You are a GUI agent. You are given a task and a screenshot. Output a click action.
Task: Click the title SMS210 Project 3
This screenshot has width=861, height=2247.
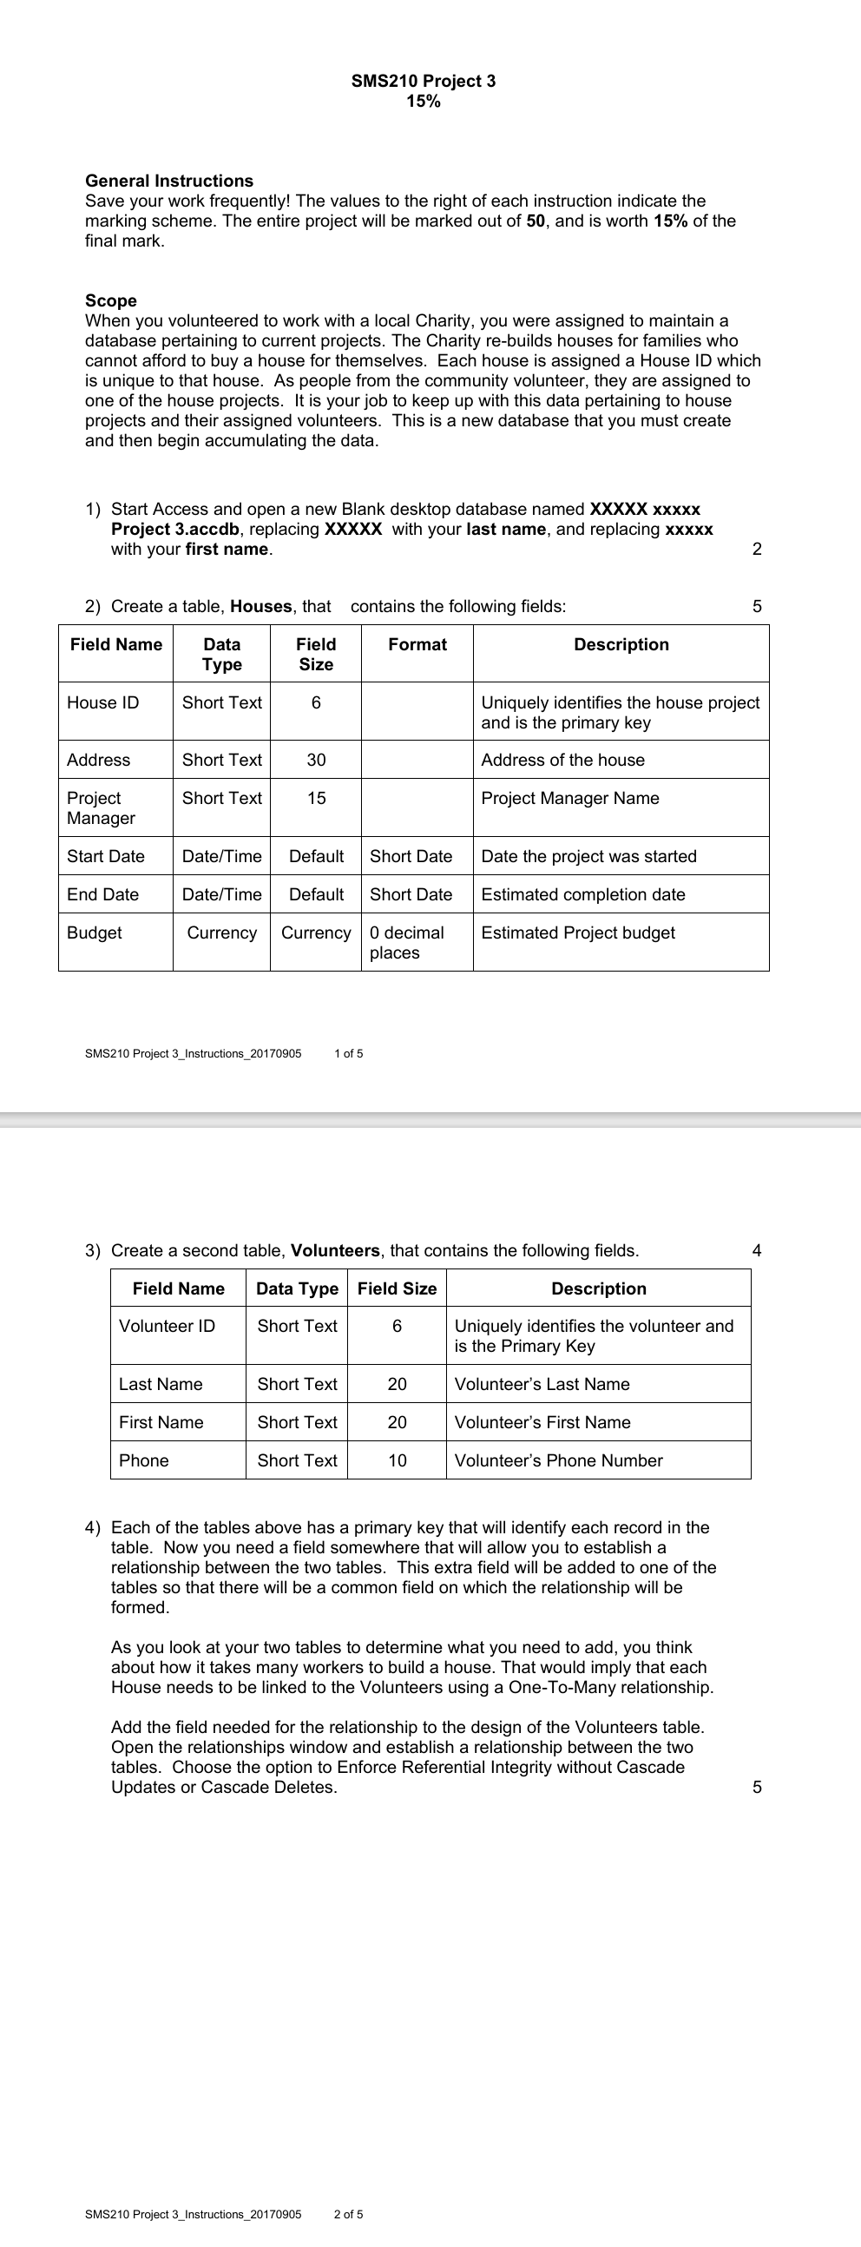coord(423,81)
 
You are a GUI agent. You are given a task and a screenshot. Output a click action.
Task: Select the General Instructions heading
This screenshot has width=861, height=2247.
coord(169,181)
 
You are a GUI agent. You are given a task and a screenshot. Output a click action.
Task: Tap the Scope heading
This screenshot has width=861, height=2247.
coord(111,300)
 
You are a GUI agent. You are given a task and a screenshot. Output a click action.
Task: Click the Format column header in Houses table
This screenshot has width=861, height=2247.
coord(417,644)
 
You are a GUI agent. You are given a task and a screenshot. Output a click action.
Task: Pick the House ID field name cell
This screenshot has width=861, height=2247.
coord(103,703)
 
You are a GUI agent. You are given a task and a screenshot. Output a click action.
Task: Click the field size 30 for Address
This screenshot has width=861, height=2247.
coord(316,760)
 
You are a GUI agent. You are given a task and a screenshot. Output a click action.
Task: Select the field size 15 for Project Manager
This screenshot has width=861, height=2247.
coord(316,798)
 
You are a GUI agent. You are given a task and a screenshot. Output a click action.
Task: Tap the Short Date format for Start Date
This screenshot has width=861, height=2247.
coord(411,856)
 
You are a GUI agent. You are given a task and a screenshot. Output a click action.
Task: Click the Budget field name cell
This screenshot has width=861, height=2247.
coord(95,932)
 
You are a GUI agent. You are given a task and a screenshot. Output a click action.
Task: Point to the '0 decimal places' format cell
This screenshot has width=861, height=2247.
coord(406,942)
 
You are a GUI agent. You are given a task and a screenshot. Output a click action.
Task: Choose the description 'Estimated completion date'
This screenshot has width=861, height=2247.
coord(582,894)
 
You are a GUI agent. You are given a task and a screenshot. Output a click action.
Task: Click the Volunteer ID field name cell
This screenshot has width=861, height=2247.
coord(167,1326)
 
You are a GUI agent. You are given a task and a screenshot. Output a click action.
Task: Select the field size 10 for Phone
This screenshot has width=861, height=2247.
coord(397,1460)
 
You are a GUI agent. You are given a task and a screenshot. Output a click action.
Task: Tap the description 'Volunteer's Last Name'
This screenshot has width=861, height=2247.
coord(542,1384)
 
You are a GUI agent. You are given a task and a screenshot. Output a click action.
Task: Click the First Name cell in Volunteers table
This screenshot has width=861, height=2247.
coord(161,1422)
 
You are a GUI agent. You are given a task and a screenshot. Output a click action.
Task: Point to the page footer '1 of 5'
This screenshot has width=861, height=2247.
coord(349,1054)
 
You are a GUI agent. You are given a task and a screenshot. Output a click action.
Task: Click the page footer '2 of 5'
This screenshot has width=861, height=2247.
coord(349,2214)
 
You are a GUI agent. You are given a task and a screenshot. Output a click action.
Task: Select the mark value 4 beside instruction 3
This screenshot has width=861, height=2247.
coord(756,1251)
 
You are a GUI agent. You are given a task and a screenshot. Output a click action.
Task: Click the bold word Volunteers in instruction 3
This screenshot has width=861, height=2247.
coord(335,1251)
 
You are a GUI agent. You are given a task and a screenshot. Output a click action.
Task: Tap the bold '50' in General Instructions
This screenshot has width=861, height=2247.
coord(536,221)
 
